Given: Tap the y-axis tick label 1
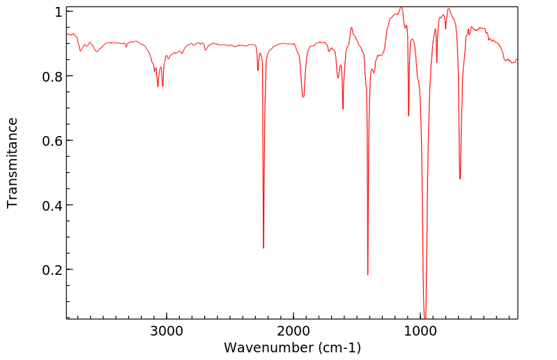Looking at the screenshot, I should pyautogui.click(x=59, y=13).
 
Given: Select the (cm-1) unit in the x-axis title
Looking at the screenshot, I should pyautogui.click(x=339, y=347).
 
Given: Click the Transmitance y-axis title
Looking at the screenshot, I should pyautogui.click(x=13, y=163).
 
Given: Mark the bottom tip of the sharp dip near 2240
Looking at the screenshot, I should pyautogui.click(x=264, y=248).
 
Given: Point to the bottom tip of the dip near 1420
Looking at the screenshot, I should pyautogui.click(x=367, y=275).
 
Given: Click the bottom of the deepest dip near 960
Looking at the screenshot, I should pyautogui.click(x=425, y=317).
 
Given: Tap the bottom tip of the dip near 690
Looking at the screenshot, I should pyautogui.click(x=460, y=179).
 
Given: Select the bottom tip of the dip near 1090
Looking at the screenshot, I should pyautogui.click(x=409, y=116).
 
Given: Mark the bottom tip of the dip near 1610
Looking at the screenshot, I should pyautogui.click(x=343, y=109).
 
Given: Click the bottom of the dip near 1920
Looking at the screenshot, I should pyautogui.click(x=303, y=97).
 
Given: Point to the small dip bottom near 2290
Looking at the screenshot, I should pyautogui.click(x=258, y=70).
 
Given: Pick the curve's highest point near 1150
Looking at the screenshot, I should pyautogui.click(x=401, y=8).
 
